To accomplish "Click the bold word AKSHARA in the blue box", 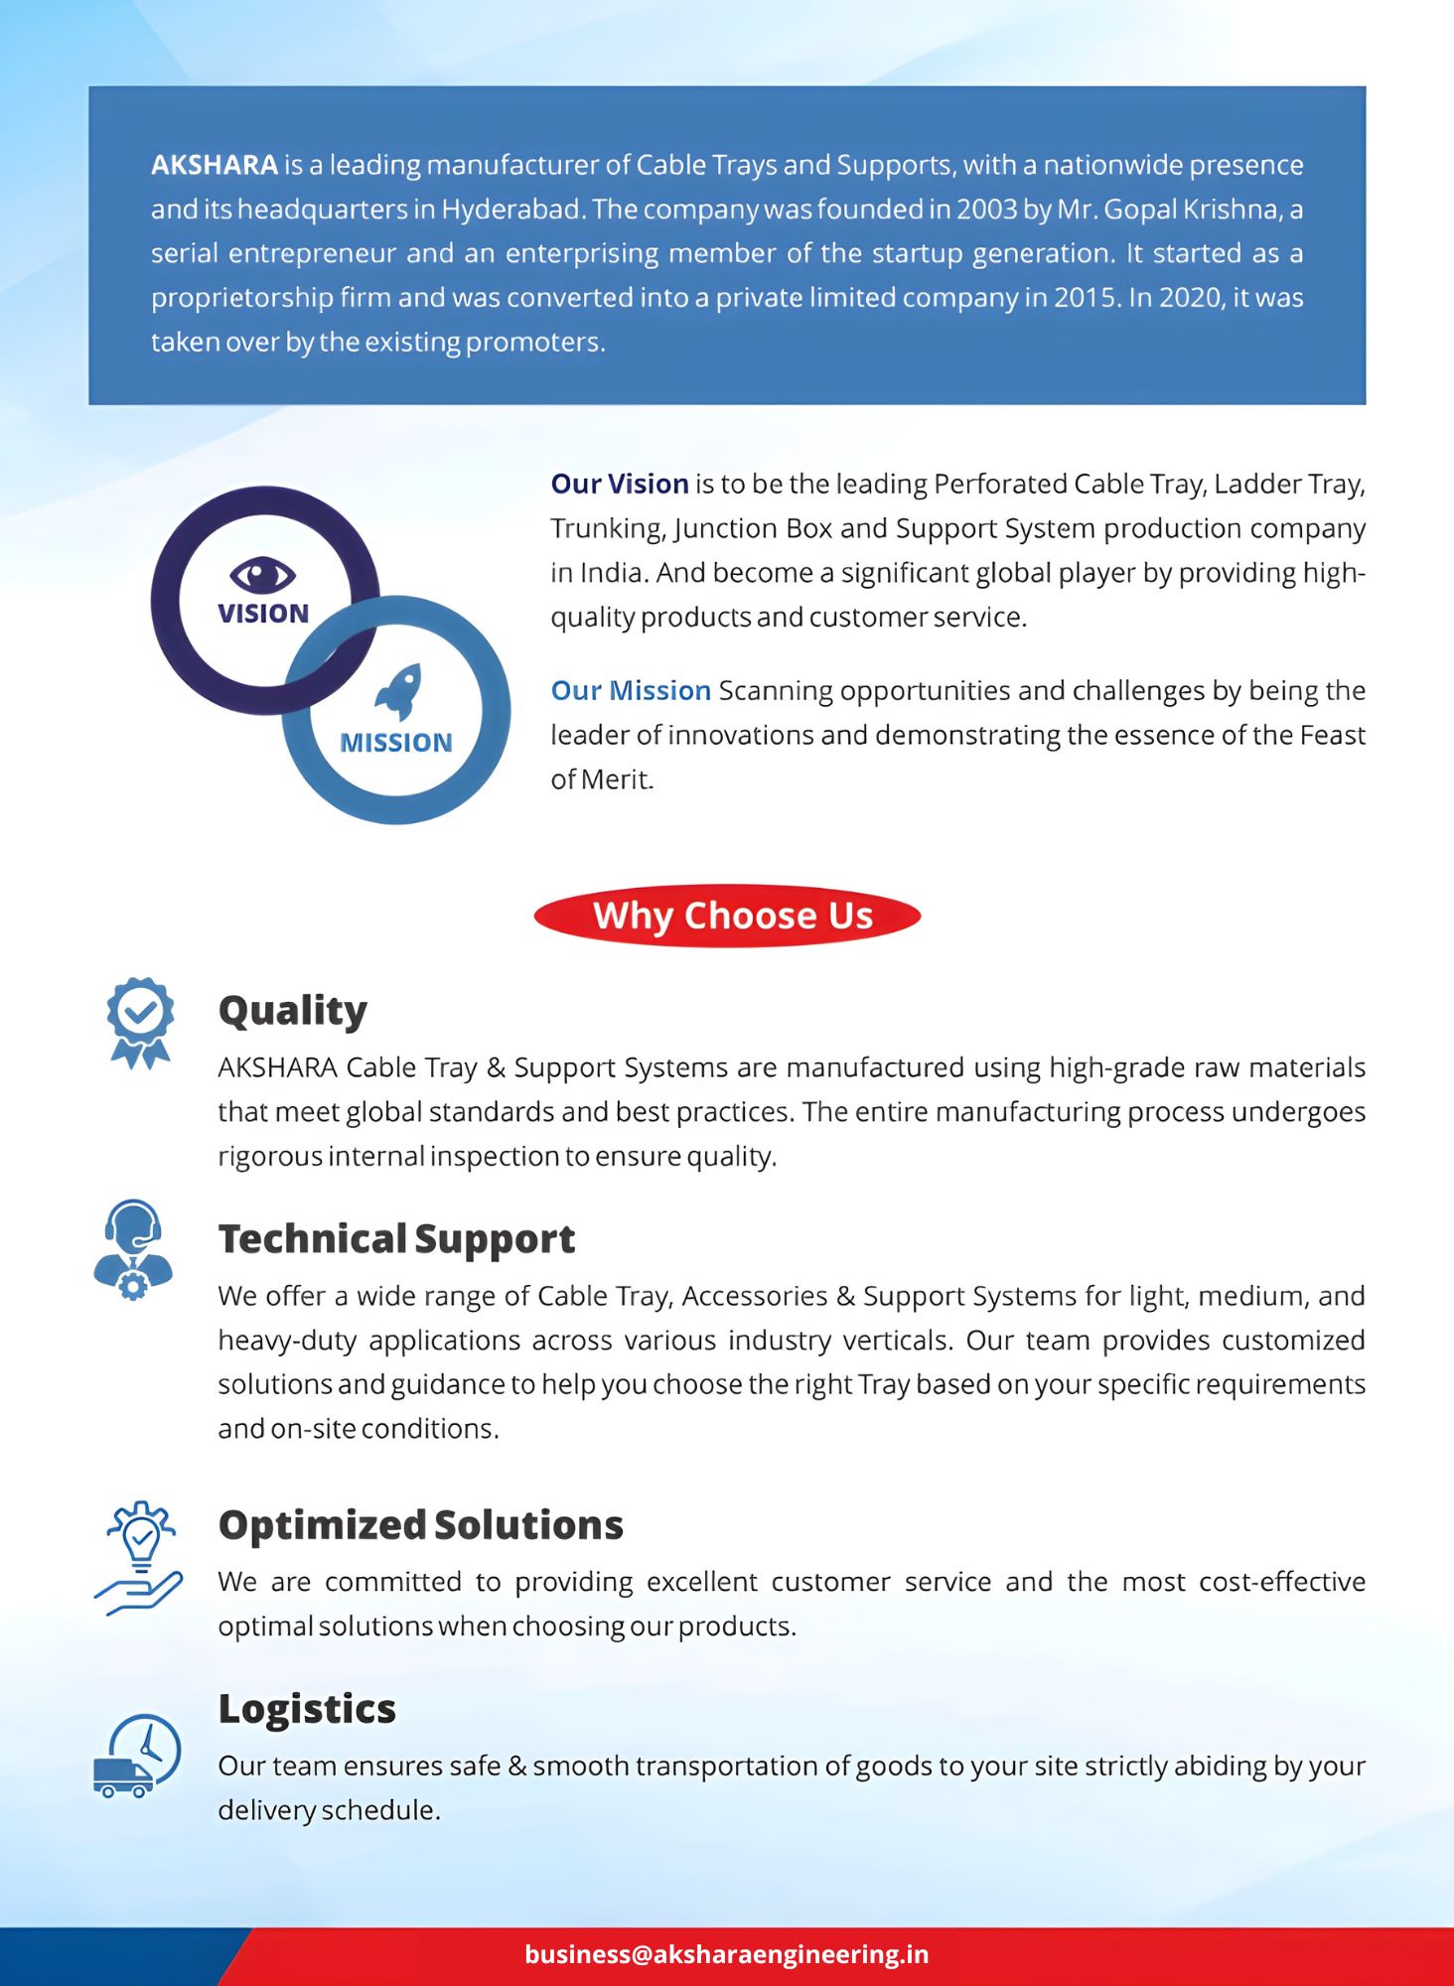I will click(214, 165).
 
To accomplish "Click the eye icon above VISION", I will click(262, 574).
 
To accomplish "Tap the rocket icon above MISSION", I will click(399, 690).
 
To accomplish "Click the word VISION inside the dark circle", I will click(263, 614).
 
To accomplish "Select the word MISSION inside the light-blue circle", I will click(395, 743).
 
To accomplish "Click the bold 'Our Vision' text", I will click(620, 485).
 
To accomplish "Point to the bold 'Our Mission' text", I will click(631, 691).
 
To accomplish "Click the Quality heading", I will click(293, 1011).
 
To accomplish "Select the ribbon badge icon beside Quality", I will click(140, 1022).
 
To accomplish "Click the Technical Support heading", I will click(396, 1239).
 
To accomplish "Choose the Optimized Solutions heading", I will click(421, 1525).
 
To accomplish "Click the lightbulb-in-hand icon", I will click(139, 1556).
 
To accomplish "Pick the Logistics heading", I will click(307, 1709).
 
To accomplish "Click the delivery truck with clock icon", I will click(138, 1756).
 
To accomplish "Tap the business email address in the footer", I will click(727, 1954).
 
